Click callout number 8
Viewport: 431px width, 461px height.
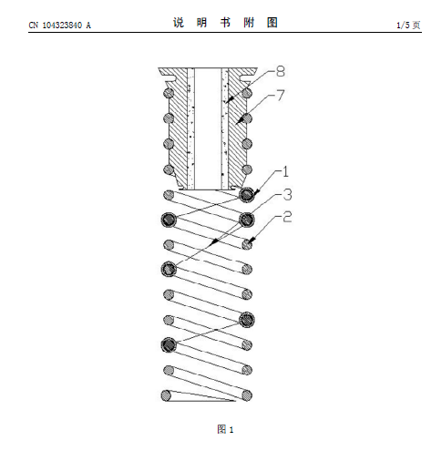(x=281, y=71)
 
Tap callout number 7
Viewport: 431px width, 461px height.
(x=281, y=95)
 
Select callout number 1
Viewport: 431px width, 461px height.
(x=285, y=171)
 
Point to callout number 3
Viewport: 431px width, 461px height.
(x=287, y=194)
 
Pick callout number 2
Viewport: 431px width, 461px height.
(x=287, y=217)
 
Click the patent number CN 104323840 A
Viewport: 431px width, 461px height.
(x=60, y=25)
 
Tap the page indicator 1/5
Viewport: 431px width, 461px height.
(x=404, y=25)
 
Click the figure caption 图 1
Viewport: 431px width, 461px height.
(x=225, y=429)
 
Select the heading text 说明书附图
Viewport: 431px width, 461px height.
(x=225, y=23)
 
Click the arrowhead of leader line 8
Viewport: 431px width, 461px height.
(x=229, y=100)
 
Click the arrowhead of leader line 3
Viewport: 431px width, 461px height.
(x=214, y=241)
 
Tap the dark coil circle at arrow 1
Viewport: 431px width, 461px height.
(x=246, y=194)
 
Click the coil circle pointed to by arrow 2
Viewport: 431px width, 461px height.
(x=247, y=244)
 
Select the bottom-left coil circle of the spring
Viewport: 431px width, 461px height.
(x=166, y=395)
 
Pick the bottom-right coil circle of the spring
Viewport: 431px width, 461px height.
(x=247, y=395)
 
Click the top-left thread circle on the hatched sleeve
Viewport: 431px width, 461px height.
(x=169, y=92)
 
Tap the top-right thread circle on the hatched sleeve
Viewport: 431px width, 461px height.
(x=247, y=92)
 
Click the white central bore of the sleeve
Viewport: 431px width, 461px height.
(x=208, y=128)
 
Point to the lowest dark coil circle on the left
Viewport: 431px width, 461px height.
(x=169, y=344)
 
